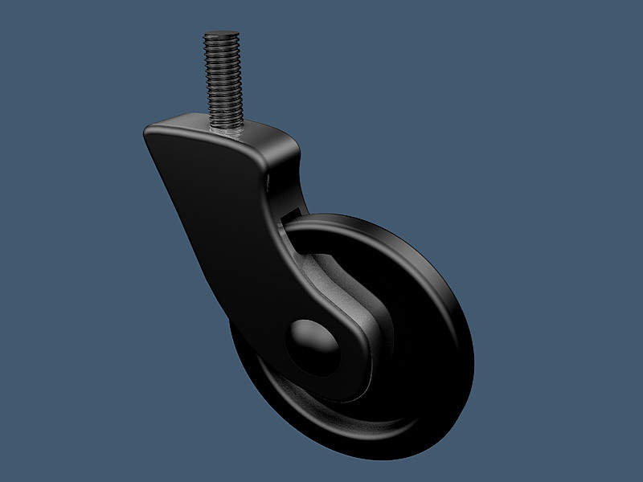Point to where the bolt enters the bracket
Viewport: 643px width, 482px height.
226,126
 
